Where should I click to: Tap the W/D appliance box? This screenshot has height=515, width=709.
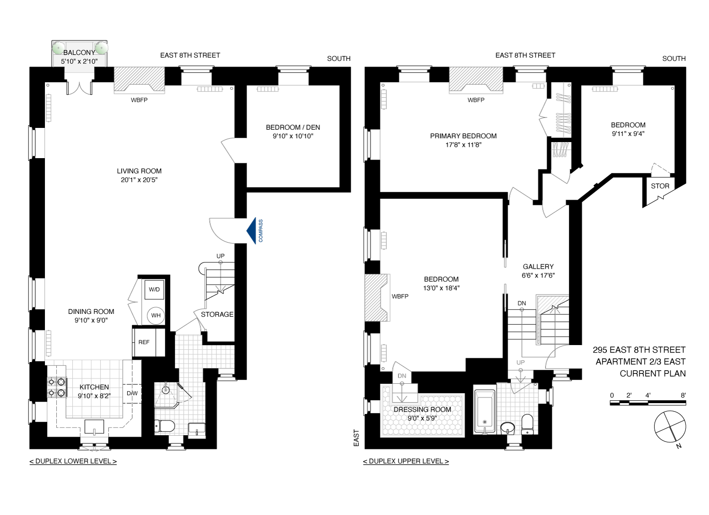tap(154, 289)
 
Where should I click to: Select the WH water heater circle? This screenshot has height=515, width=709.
tap(156, 315)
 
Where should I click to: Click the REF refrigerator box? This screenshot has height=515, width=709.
tap(144, 342)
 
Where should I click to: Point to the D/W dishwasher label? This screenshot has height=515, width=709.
tap(132, 393)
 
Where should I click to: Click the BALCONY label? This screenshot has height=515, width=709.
tap(79, 52)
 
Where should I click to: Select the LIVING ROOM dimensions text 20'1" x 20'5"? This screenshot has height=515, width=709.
tap(139, 180)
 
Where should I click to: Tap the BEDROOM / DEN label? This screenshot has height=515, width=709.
tap(293, 127)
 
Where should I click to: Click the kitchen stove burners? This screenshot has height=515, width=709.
tap(57, 387)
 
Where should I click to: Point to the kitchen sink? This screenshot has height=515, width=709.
tap(94, 426)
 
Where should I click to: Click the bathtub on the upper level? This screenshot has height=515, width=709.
tap(484, 411)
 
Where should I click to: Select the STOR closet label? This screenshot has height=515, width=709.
tap(660, 186)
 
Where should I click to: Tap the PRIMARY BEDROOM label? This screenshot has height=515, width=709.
tap(463, 136)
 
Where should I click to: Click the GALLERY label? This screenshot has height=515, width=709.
tap(538, 267)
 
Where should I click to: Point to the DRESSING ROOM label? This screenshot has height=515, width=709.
tap(422, 410)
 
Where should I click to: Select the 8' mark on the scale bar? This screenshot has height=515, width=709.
tap(683, 396)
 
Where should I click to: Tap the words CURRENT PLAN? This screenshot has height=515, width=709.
tap(652, 373)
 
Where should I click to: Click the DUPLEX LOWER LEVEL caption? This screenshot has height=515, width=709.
tap(73, 461)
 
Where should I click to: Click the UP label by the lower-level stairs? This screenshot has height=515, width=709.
tap(220, 256)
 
